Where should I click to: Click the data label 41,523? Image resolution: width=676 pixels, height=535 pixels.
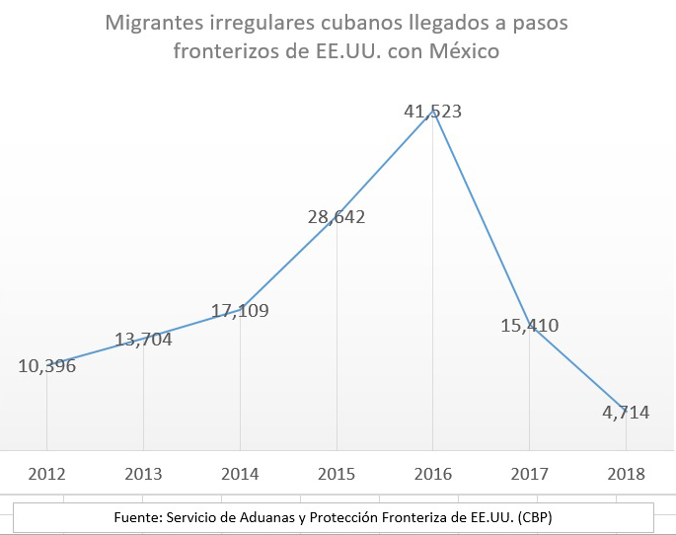coord(433,112)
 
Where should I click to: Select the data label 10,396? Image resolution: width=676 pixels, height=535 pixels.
coord(46,365)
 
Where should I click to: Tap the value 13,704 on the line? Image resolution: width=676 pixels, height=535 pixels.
coord(143,341)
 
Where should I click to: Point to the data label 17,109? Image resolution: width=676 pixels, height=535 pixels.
coord(240,311)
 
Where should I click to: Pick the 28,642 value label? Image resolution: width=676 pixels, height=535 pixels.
coord(337,216)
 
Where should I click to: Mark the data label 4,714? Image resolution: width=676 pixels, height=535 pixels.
coord(627,413)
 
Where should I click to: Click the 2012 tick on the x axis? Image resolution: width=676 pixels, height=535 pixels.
coord(47,473)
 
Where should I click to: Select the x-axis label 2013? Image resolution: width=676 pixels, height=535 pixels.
coord(143,473)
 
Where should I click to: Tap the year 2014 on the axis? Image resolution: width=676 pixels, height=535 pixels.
coord(240,473)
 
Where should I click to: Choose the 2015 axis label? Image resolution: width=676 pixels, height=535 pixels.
coord(337,473)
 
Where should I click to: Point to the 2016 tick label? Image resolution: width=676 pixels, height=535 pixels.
coord(433,473)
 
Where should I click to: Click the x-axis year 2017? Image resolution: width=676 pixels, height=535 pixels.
coord(530,473)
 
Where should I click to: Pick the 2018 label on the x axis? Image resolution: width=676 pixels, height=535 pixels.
coord(627,473)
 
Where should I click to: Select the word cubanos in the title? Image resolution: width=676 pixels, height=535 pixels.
coord(347,22)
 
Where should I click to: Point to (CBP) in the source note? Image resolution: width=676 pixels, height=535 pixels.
coord(542,517)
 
